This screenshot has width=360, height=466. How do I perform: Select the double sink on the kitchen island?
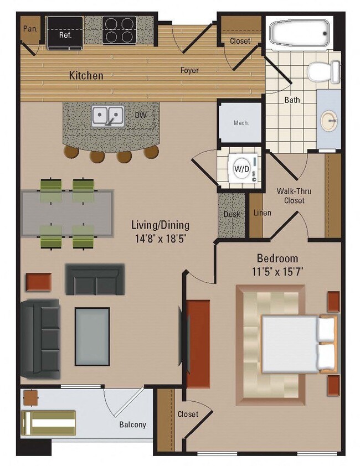click(108, 116)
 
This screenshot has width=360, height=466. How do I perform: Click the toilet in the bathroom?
click(323, 71)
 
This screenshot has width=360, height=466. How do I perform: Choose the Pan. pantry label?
click(30, 27)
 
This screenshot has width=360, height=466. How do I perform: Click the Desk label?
click(232, 214)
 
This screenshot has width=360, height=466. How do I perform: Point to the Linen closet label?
click(261, 213)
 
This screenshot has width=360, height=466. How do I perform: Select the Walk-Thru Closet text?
click(294, 196)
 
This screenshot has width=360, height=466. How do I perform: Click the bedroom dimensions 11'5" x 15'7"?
click(277, 272)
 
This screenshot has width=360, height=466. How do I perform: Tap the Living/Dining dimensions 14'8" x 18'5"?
click(160, 239)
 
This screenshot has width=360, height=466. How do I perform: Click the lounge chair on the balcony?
click(48, 423)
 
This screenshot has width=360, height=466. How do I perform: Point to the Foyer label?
click(189, 70)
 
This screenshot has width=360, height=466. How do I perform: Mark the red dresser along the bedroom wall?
click(198, 343)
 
